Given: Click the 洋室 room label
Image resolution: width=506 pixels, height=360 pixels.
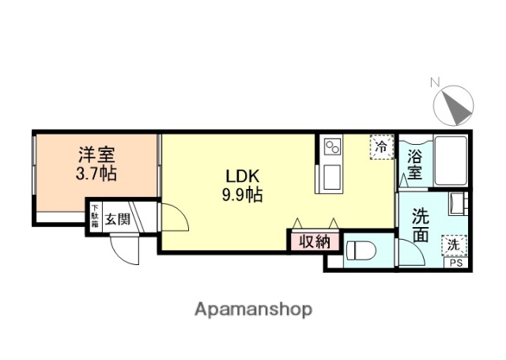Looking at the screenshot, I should coord(96,153).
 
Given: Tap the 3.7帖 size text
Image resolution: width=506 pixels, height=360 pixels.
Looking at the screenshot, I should coord(96,173).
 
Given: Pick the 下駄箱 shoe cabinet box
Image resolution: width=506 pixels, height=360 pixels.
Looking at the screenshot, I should coord(93,218).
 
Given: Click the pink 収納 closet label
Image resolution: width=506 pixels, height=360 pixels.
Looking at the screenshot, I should coord(314,241).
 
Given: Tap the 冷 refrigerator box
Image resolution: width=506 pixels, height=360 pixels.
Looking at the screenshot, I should coord(381,147).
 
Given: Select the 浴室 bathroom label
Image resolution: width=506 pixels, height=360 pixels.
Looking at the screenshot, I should coord(414,163).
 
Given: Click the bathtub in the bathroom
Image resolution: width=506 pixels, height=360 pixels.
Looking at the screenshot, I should coord(449,161).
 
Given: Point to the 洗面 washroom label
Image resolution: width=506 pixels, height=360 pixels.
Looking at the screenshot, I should coord(421,225).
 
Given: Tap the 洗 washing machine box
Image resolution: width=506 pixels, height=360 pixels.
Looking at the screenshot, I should coord(454,245).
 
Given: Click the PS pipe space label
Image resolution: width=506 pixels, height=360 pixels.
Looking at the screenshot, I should coord(457,263).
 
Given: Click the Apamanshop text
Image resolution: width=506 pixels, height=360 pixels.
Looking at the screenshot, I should coord(252,309).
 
